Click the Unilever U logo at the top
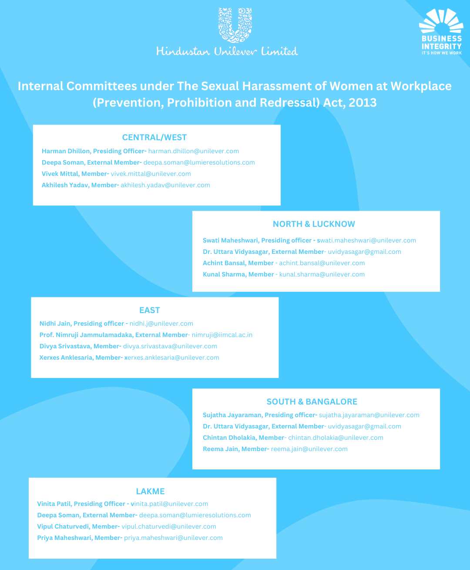[235, 25]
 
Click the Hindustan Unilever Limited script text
[227, 51]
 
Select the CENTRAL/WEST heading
[154, 138]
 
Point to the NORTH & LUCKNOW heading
[314, 224]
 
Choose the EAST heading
[150, 310]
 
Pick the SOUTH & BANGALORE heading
[312, 402]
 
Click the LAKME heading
[150, 492]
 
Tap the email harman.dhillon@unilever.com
[194, 151]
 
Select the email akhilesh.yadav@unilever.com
[165, 185]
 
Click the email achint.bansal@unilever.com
[322, 263]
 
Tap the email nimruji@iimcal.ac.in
[222, 335]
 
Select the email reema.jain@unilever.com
[309, 449]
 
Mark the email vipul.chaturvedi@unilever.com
[169, 526]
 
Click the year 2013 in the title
[363, 103]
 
